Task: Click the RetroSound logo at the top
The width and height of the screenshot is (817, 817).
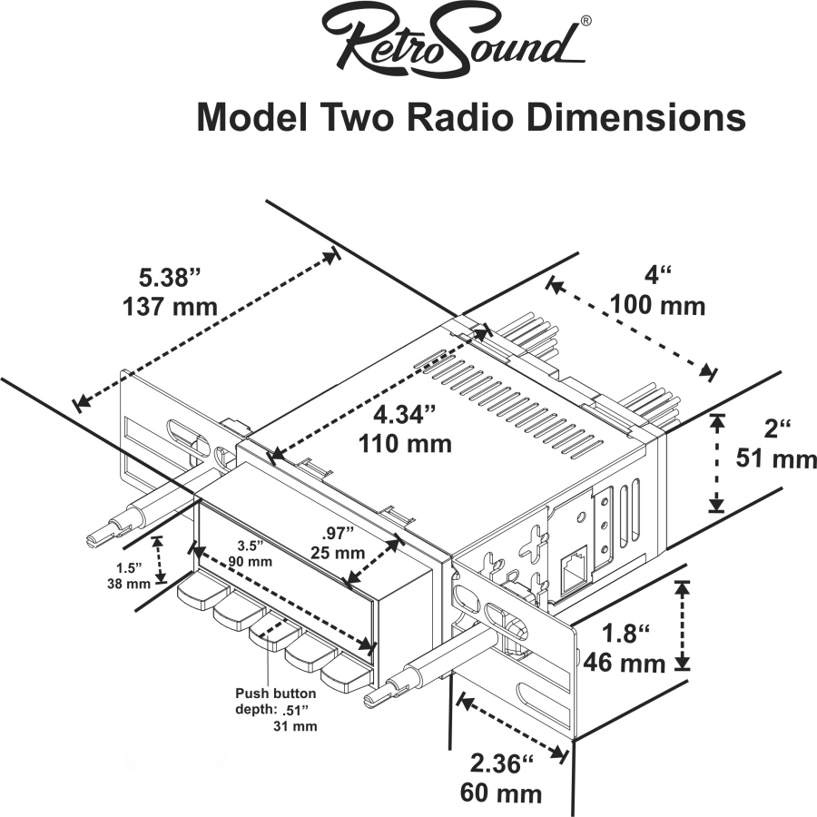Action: click(x=453, y=43)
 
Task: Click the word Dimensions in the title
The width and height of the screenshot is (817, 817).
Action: click(x=635, y=118)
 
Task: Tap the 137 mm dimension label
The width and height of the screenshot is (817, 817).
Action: click(x=170, y=307)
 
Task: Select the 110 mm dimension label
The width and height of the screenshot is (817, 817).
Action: click(x=405, y=444)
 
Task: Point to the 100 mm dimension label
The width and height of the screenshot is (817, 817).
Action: click(x=657, y=305)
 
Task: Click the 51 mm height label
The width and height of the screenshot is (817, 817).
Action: click(x=776, y=459)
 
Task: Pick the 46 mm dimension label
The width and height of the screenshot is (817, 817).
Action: click(x=625, y=664)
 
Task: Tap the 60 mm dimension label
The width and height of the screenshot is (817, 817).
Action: click(x=501, y=793)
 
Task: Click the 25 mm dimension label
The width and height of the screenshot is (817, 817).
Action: click(x=338, y=552)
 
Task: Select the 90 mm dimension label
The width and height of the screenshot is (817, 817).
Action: click(x=251, y=561)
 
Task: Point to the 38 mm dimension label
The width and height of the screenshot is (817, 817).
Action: click(x=129, y=584)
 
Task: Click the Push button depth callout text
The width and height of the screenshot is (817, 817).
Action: click(x=276, y=709)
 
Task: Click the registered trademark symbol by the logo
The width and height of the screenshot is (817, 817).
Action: click(x=586, y=21)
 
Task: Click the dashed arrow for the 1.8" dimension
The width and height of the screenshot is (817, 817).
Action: click(x=682, y=625)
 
